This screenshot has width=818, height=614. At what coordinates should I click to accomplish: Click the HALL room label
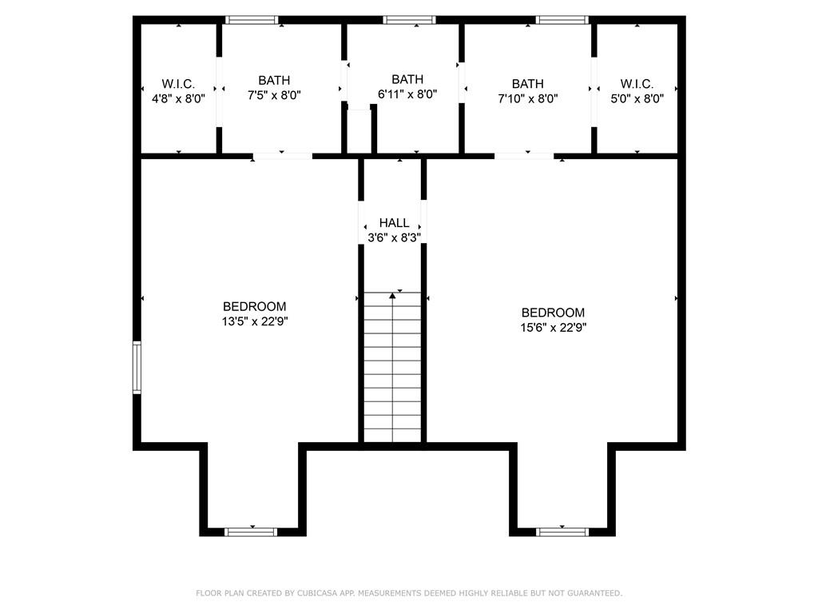pyautogui.click(x=394, y=223)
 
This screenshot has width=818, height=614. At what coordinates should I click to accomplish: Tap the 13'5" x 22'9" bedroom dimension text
pyautogui.click(x=254, y=321)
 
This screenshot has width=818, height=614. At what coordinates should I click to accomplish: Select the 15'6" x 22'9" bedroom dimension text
pyautogui.click(x=553, y=327)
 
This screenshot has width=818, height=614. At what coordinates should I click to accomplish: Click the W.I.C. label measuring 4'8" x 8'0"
pyautogui.click(x=178, y=84)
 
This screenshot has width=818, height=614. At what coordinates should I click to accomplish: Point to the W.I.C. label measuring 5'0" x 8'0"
pyautogui.click(x=637, y=84)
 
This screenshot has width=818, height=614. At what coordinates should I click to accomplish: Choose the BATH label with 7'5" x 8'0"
pyautogui.click(x=274, y=80)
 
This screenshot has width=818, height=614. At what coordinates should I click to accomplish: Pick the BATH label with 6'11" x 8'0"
pyautogui.click(x=407, y=79)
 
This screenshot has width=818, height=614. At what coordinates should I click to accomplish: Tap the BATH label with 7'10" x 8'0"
pyautogui.click(x=527, y=84)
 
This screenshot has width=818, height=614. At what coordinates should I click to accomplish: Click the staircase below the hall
pyautogui.click(x=392, y=368)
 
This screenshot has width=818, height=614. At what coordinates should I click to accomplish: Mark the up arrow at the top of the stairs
pyautogui.click(x=392, y=297)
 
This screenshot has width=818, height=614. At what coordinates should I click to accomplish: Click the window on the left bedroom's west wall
pyautogui.click(x=137, y=367)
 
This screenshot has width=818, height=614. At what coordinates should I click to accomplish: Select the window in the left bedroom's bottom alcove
pyautogui.click(x=251, y=532)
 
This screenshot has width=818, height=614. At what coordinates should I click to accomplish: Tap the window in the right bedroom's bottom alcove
pyautogui.click(x=562, y=532)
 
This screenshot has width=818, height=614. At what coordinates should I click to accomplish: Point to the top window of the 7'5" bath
pyautogui.click(x=252, y=20)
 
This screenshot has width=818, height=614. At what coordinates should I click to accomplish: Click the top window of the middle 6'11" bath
pyautogui.click(x=409, y=20)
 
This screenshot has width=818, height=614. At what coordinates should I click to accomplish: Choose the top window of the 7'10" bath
pyautogui.click(x=562, y=20)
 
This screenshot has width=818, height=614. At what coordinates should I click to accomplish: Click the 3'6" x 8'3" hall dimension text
pyautogui.click(x=394, y=237)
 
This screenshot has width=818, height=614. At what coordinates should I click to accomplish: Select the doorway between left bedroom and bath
pyautogui.click(x=283, y=156)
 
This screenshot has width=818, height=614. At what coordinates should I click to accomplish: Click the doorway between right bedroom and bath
pyautogui.click(x=523, y=156)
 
